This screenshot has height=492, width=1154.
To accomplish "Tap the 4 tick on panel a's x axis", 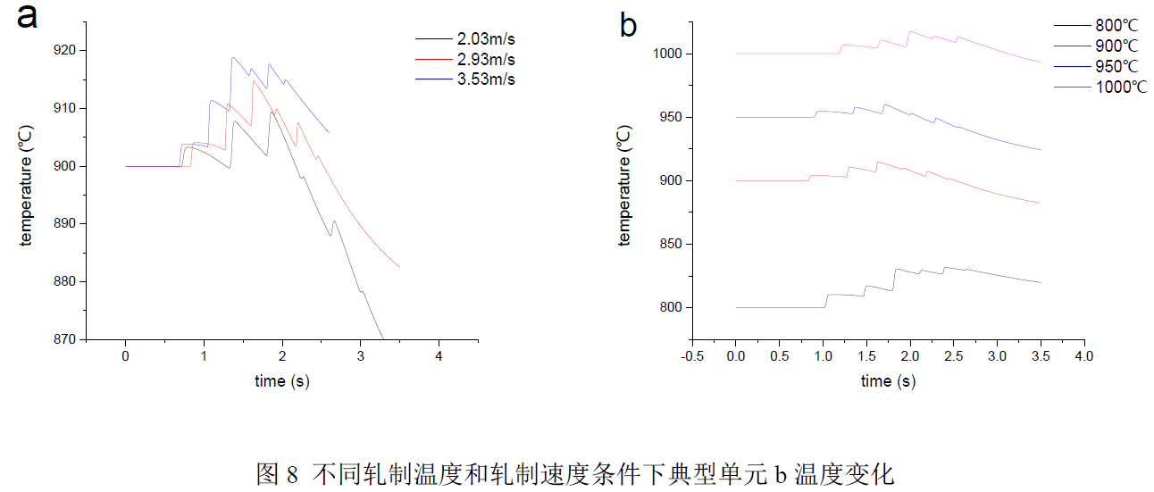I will (x=439, y=356).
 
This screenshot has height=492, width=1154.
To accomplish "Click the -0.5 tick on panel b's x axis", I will (x=691, y=356).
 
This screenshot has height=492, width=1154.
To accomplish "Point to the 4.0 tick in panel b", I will (x=1083, y=356).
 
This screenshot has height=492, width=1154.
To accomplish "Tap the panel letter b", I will (x=629, y=25).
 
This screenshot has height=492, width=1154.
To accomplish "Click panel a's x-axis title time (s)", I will (x=282, y=380).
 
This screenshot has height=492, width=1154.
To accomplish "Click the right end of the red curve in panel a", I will (x=399, y=267).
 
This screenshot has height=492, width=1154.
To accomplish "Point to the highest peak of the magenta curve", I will (x=910, y=32).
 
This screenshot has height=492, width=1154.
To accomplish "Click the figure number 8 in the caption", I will (x=292, y=474).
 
